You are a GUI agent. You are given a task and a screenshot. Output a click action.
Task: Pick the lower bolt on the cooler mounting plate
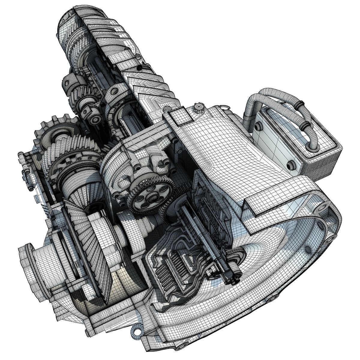[x=290, y=165]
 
